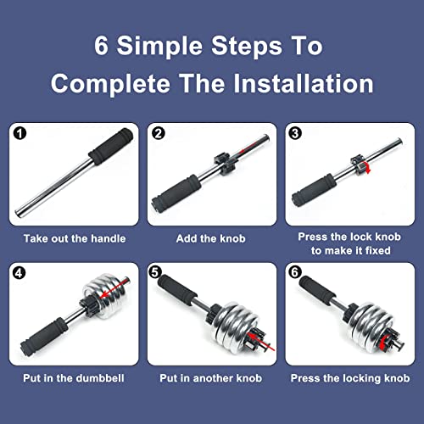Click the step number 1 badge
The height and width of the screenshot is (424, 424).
coord(20,133)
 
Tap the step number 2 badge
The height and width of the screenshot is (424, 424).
coord(159,133)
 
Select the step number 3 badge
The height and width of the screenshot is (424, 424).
coord(295,133)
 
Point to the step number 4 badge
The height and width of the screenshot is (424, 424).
coord(19,273)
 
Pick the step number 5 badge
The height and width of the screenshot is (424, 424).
coord(155,272)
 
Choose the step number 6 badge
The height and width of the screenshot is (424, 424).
coord(294,272)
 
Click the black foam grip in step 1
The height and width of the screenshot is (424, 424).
coord(111,146)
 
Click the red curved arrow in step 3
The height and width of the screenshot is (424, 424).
coord(367,167)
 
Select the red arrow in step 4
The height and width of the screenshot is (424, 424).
coord(115,288)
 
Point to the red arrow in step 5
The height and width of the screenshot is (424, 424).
coord(261,342)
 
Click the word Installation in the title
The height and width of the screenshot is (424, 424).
coord(304,84)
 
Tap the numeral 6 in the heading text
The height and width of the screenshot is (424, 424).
coord(101,45)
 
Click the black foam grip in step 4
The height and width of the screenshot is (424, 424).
coord(44,337)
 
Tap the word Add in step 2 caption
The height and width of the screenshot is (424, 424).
coord(186,238)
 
